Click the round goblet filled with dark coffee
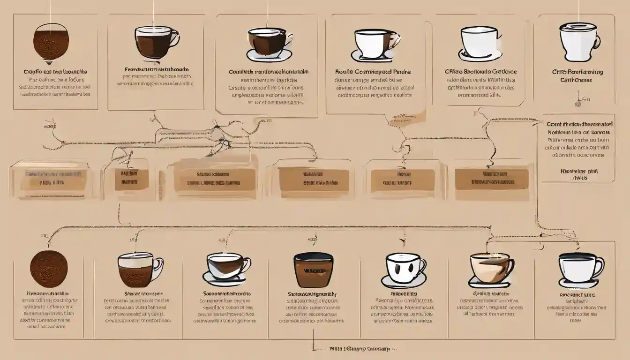[51, 42]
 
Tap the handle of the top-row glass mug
[175, 37]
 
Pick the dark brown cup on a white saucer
[266, 41]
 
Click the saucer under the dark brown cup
[269, 56]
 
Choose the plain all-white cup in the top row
[479, 39]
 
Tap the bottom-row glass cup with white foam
[136, 270]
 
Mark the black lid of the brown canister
[313, 256]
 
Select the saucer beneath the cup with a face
[403, 282]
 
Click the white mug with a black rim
[577, 267]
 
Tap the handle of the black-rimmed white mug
[599, 267]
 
